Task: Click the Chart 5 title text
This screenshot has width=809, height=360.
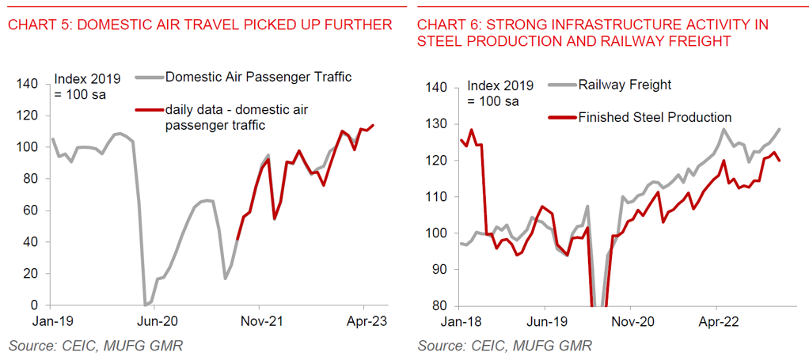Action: pyautogui.click(x=200, y=25)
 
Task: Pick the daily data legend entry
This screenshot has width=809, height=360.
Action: pyautogui.click(x=236, y=117)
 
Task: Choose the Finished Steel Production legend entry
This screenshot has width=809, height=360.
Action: pyautogui.click(x=655, y=117)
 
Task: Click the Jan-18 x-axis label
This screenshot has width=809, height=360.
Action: pyautogui.click(x=461, y=322)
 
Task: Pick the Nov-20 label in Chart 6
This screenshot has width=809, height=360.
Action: pyautogui.click(x=630, y=322)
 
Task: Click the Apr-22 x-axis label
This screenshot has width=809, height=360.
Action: pyautogui.click(x=716, y=322)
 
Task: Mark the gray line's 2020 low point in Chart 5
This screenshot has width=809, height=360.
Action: pyautogui.click(x=145, y=305)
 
